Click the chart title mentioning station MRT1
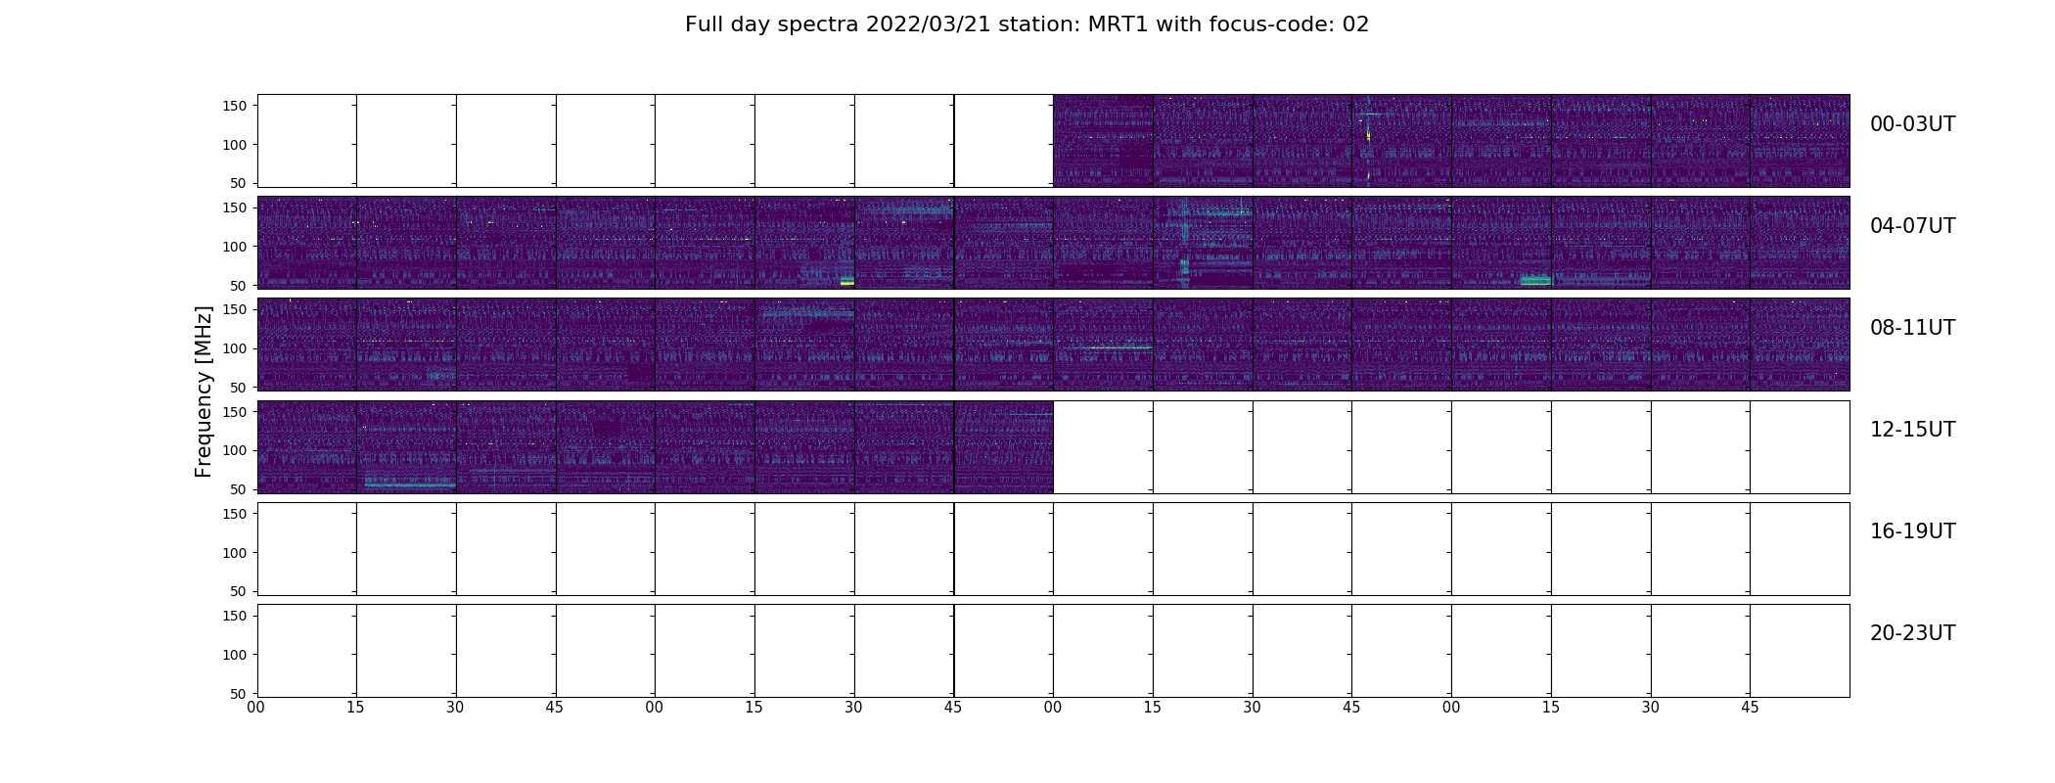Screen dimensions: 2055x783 coord(1027,24)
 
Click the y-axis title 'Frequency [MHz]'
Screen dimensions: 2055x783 coord(204,391)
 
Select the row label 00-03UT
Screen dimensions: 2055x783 coord(1912,124)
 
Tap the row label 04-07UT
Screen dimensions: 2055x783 coord(1912,226)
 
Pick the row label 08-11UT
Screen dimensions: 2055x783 coord(1912,328)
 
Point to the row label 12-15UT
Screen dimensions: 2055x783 coord(1912,430)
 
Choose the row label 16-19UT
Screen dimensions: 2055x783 coord(1912,531)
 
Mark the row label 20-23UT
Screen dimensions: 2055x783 coord(1912,633)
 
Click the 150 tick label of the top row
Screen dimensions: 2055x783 coord(234,106)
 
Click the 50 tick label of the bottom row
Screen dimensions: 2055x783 coord(239,694)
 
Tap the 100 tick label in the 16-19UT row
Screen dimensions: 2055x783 coord(234,553)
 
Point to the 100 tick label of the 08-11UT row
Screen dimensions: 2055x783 coord(234,348)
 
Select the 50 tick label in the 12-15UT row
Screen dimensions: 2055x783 coord(239,489)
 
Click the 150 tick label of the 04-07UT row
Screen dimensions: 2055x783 coord(234,207)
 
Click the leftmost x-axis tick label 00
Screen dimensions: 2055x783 coord(256,708)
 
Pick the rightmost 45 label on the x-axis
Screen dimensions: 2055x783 coord(1750,708)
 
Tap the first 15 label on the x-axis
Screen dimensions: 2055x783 coord(355,708)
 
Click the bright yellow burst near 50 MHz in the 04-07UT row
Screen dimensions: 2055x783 coord(847,283)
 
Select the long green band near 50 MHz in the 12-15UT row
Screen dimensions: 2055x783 coord(410,484)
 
